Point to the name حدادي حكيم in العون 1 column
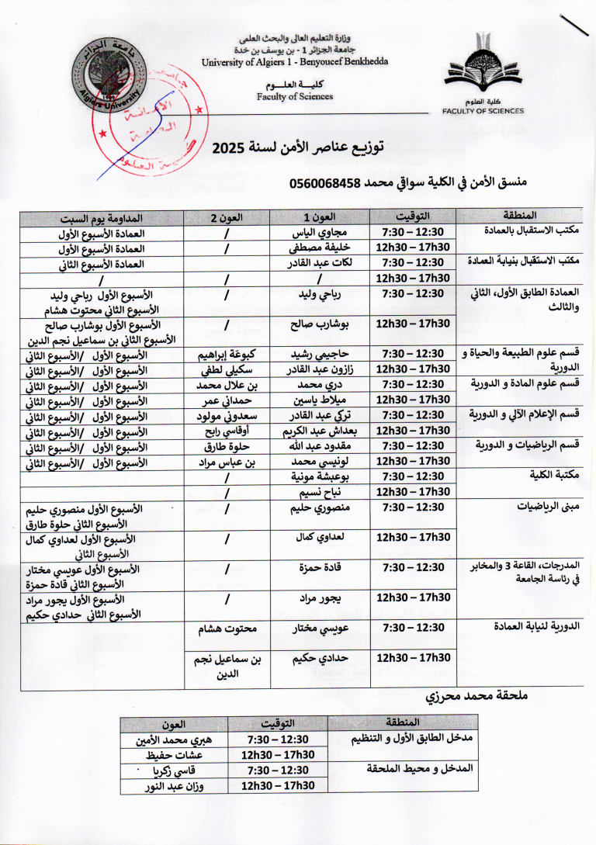[319, 658]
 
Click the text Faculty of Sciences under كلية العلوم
[295, 97]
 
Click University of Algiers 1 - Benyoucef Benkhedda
[295, 62]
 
